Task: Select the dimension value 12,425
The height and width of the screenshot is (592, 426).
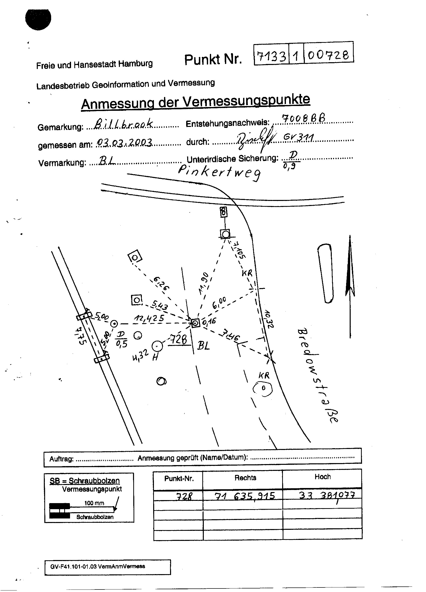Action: coord(149,318)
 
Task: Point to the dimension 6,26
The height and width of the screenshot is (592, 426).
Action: coord(161,283)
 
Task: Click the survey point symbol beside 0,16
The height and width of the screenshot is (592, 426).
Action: coord(195,323)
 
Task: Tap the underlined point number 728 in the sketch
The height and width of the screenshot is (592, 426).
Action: coord(179,340)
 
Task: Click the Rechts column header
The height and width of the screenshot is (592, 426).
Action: coord(245,478)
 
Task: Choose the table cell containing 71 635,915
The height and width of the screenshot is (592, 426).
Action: coord(244,495)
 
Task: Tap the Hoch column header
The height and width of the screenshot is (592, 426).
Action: coord(322,477)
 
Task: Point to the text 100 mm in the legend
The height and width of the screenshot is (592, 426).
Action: coord(94,503)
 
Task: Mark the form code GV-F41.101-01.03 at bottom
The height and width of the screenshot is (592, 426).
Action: coord(98,566)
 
